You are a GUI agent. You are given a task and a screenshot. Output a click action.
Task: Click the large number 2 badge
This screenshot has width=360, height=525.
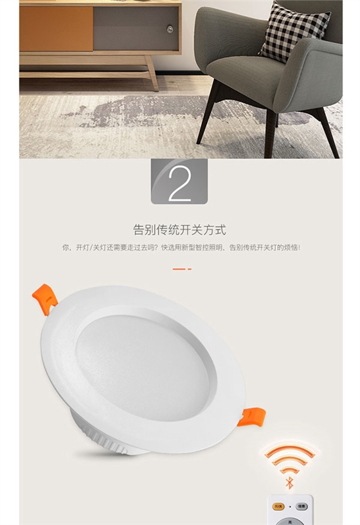179,182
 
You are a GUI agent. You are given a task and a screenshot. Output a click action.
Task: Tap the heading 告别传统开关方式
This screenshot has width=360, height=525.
179,230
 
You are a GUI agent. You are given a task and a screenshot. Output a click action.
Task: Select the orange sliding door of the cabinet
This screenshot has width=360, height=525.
56,28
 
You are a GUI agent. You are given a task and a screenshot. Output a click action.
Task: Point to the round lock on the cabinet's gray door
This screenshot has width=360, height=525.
170,29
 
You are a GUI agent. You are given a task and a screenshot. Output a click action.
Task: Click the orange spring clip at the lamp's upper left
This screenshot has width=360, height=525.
45,298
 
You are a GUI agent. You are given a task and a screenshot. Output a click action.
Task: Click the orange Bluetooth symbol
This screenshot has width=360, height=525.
289,482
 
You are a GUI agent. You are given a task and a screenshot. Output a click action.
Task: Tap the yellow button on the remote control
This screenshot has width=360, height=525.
278,506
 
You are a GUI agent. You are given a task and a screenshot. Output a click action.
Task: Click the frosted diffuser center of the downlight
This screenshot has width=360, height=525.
145,364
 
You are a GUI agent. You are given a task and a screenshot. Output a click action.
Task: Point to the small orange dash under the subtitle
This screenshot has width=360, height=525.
179,268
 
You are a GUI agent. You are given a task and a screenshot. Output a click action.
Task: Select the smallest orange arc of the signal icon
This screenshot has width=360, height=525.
289,470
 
